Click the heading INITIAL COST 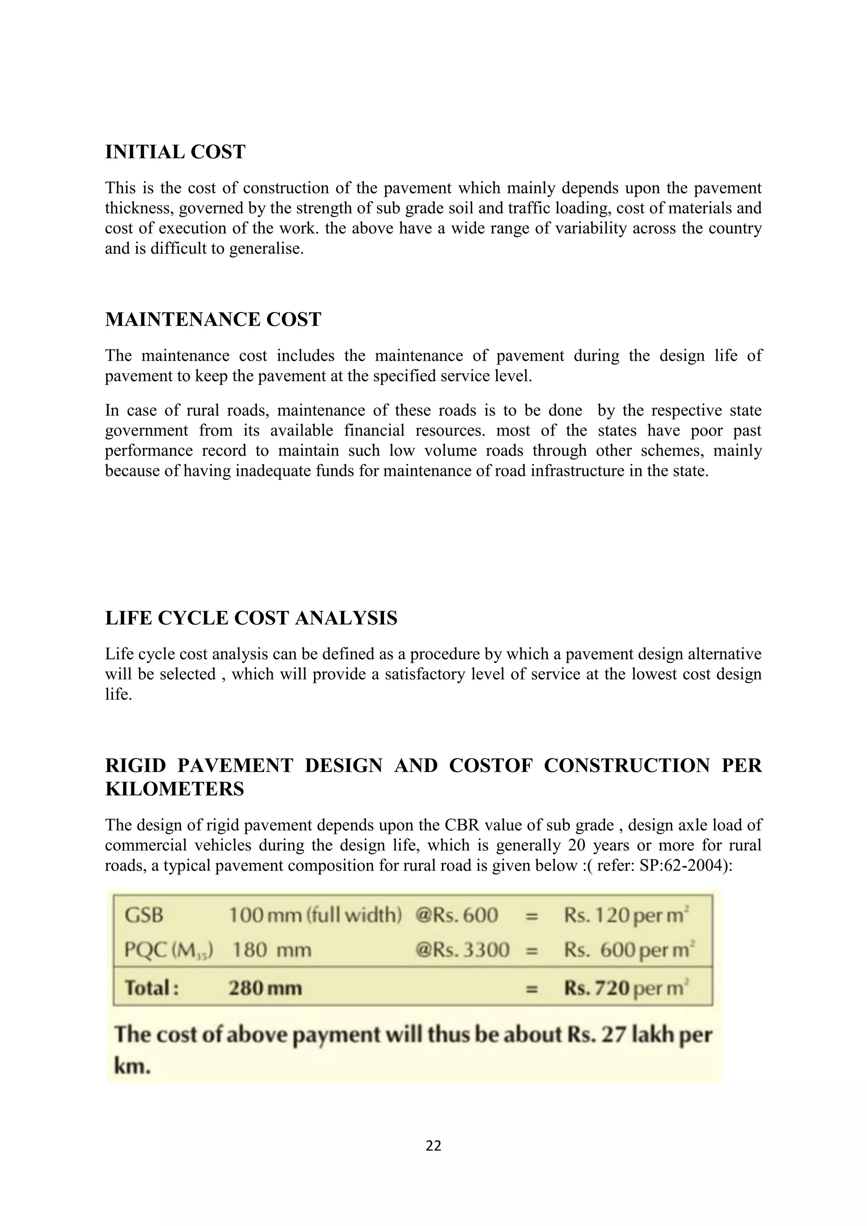pos(175,152)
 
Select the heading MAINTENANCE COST pos(213,320)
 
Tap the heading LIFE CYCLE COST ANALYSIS pos(251,619)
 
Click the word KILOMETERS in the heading pos(174,789)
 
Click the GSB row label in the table pos(144,916)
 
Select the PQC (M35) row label pos(169,950)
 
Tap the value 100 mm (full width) pos(315,916)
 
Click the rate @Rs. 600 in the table pos(456,916)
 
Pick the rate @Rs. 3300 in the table pos(462,950)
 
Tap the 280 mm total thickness pos(265,989)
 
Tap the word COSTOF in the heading pos(491,766)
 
